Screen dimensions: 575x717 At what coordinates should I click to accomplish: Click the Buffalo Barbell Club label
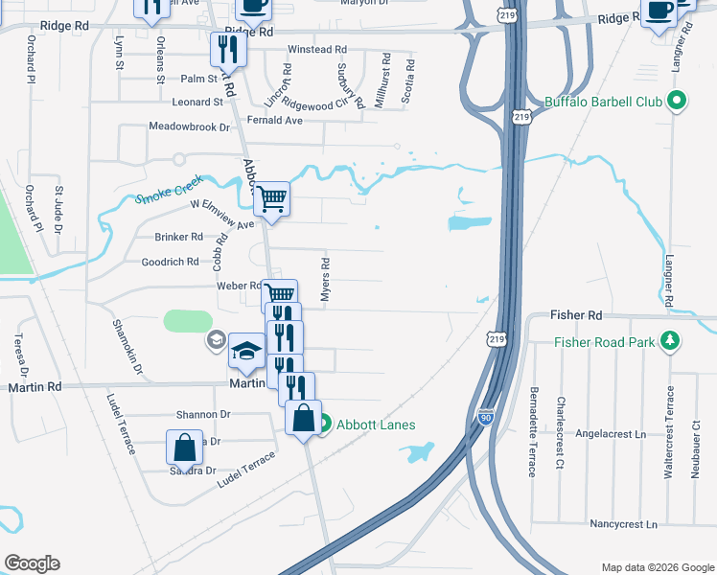tap(603, 102)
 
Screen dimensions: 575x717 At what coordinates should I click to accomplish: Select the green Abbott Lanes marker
tap(324, 422)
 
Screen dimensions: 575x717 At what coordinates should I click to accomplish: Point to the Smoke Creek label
tap(164, 195)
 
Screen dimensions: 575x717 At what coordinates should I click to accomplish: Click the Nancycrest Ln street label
tap(624, 525)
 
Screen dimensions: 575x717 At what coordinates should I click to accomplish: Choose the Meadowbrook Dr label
tap(190, 126)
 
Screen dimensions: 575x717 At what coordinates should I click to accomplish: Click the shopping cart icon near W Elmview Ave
tap(271, 198)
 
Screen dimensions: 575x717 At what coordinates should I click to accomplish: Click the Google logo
tap(32, 563)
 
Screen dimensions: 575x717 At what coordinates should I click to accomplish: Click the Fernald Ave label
tap(274, 120)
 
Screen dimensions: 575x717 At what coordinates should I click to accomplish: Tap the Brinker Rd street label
tap(178, 237)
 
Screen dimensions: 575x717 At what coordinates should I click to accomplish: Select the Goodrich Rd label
tap(170, 262)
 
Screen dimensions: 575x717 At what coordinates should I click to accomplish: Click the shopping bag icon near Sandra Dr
tap(184, 448)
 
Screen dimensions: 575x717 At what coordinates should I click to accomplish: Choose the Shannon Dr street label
tap(203, 415)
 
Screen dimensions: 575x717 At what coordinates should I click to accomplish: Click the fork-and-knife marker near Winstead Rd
tap(228, 49)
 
